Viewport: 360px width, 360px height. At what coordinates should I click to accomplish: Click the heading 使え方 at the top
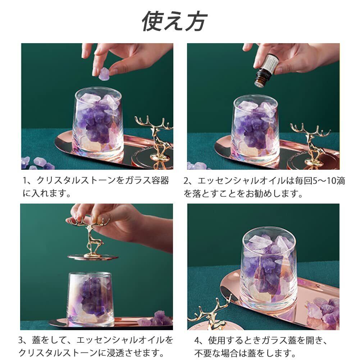tap(174, 21)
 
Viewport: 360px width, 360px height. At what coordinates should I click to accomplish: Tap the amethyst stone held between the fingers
tap(104, 74)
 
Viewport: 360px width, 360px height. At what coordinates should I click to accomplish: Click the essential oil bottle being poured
tap(265, 70)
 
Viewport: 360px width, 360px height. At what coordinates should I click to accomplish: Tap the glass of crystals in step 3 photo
tap(90, 299)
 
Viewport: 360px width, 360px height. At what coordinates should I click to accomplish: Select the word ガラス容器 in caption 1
tap(147, 181)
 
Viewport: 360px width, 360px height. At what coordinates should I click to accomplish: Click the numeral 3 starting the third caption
tap(21, 340)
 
